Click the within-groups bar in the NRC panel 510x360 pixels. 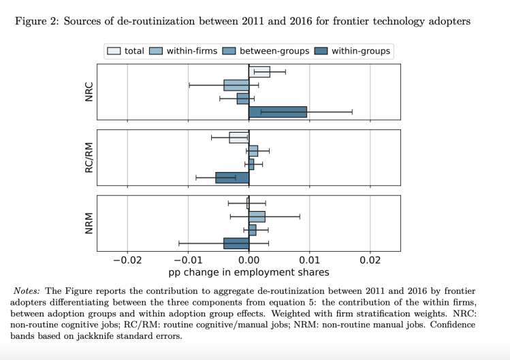tap(278, 112)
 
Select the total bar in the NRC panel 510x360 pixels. tap(259, 72)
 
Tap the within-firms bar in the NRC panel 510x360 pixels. tap(236, 85)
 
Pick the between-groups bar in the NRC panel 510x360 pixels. tap(243, 99)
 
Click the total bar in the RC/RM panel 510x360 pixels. tap(239, 137)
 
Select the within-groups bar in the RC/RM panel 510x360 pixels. tap(232, 178)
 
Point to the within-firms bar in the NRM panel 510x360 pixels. tap(257, 216)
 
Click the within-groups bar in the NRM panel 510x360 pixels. tap(236, 243)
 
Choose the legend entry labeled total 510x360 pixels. tap(124, 51)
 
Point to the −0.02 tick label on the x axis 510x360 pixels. tap(126, 260)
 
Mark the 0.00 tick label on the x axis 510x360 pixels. tap(249, 260)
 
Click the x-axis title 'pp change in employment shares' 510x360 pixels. tap(249, 272)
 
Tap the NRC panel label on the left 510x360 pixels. tap(89, 92)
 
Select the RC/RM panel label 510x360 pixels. tap(89, 157)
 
